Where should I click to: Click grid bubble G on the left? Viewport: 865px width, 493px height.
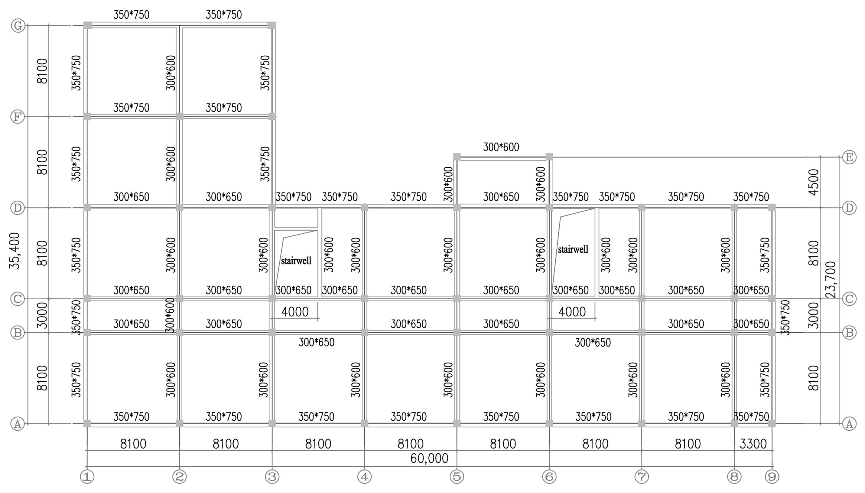18,25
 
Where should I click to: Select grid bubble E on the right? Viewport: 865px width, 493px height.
849,157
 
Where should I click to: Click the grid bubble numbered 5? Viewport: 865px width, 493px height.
457,477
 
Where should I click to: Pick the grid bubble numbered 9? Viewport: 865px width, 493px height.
772,477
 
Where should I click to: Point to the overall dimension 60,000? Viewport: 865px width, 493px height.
429,458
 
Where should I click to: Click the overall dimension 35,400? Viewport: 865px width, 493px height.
15,251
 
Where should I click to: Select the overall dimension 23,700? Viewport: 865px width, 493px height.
831,280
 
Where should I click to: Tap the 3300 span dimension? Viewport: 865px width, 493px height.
753,444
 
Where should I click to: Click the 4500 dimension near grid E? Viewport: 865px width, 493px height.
813,182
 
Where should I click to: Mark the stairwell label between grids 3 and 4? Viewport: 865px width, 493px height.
296,261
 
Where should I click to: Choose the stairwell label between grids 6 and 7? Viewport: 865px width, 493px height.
573,250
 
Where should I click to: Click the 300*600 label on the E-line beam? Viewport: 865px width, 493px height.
501,147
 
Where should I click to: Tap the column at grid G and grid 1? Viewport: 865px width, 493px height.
88,25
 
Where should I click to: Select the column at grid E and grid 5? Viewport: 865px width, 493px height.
457,157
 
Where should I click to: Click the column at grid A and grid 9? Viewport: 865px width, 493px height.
772,423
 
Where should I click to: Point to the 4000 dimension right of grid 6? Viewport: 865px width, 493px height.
572,311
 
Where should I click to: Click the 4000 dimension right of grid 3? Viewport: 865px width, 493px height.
295,311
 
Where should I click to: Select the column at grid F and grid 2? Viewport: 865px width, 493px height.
180,117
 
